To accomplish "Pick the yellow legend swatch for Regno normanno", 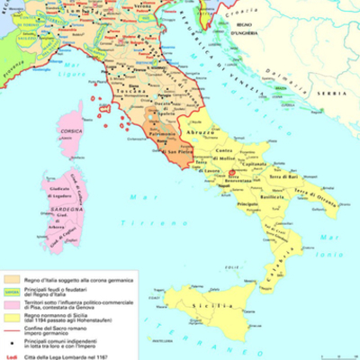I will tap(11, 316).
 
